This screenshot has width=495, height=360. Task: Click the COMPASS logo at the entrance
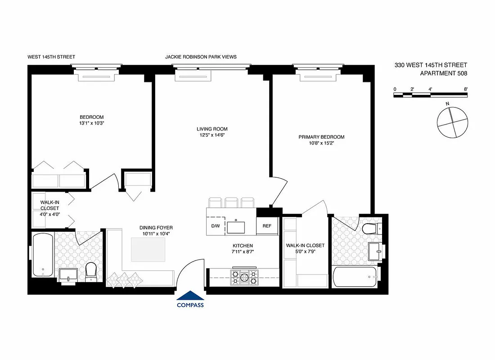190,300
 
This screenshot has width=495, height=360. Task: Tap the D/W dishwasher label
216,226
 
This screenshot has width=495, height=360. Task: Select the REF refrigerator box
267,226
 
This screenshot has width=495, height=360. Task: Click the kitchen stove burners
243,276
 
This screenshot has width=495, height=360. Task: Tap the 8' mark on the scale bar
465,89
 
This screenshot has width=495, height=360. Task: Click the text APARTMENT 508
443,73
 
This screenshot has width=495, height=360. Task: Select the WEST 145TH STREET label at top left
51,57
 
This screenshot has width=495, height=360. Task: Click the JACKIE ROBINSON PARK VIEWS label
201,57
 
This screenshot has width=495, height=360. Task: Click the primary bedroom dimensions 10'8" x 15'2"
321,144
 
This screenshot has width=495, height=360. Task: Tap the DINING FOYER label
156,228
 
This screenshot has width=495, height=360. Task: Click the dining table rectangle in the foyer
149,249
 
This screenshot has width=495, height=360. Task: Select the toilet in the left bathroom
91,271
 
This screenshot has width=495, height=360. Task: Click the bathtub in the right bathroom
356,277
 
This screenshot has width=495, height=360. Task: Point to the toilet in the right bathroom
370,229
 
